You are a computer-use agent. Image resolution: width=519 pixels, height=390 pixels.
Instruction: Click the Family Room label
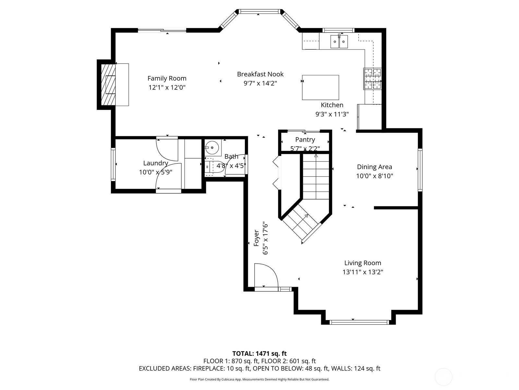tap(167, 78)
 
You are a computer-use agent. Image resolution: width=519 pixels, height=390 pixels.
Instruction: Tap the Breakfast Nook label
tap(260, 74)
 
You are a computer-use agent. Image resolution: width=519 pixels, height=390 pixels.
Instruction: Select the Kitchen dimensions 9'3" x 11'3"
tap(332, 114)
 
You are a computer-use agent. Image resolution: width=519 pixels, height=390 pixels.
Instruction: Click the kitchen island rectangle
tap(320, 87)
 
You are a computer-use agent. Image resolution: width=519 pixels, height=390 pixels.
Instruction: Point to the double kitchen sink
tap(339, 42)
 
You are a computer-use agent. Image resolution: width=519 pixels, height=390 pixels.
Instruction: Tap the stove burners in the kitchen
tap(372, 79)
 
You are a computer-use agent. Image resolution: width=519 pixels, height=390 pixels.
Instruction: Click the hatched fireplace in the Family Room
tap(108, 84)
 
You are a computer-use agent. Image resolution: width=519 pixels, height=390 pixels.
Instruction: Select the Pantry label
tap(305, 139)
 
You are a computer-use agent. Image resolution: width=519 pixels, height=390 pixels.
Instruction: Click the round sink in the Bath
tap(212, 148)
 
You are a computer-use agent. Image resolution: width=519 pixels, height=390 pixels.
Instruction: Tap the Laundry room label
tap(156, 163)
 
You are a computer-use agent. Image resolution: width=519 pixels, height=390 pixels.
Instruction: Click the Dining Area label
tap(375, 167)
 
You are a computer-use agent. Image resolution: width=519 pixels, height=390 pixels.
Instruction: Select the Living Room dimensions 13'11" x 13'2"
tap(363, 272)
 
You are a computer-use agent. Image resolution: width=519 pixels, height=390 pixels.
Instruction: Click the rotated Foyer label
tap(256, 238)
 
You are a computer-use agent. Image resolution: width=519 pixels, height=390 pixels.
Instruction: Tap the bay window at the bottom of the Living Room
tap(359, 322)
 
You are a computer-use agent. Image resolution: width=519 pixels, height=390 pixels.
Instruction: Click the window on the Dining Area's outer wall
tap(420, 170)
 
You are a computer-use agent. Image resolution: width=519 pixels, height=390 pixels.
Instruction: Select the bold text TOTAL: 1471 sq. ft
tap(259, 354)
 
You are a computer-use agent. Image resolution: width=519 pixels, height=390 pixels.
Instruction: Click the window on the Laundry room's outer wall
tap(113, 164)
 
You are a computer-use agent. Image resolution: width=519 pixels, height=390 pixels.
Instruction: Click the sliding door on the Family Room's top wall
tap(162, 30)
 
